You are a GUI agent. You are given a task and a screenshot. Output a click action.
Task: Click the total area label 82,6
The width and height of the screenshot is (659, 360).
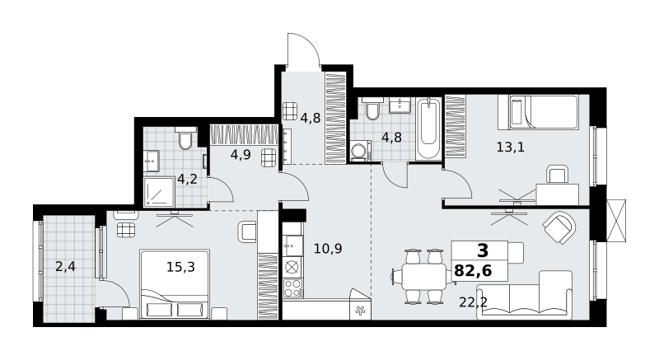pyautogui.click(x=473, y=271)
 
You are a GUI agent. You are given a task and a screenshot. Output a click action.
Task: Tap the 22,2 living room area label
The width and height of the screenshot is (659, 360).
pyautogui.click(x=473, y=302)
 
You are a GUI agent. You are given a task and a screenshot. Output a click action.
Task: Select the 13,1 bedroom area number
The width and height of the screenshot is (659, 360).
pyautogui.click(x=510, y=147)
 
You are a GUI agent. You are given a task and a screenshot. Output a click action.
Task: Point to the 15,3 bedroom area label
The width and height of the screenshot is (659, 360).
pyautogui.click(x=180, y=266)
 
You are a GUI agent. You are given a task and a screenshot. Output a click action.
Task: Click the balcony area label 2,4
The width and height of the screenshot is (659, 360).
pyautogui.click(x=66, y=266)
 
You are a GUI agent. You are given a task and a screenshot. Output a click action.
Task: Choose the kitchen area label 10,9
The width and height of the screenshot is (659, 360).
pyautogui.click(x=328, y=249)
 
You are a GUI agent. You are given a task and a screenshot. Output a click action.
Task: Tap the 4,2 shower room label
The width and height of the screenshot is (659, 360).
pyautogui.click(x=187, y=180)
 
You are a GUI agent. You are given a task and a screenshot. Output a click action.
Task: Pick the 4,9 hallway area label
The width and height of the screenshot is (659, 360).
pyautogui.click(x=241, y=155)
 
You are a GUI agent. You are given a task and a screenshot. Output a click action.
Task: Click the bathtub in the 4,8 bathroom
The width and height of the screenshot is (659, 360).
pyautogui.click(x=428, y=129)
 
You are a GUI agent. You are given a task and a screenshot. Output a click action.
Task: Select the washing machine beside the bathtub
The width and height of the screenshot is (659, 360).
pyautogui.click(x=360, y=152)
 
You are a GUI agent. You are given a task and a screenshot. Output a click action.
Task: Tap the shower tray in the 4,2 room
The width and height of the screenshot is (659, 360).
pyautogui.click(x=159, y=192)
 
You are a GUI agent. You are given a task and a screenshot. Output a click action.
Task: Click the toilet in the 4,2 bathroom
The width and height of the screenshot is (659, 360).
pyautogui.click(x=185, y=138)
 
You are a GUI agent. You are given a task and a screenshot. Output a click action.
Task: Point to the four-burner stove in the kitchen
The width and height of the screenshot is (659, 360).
pyautogui.click(x=292, y=288)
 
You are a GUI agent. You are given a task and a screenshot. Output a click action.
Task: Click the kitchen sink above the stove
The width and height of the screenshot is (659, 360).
pyautogui.click(x=292, y=245)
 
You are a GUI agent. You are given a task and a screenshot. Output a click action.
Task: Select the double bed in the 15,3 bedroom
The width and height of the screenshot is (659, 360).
pyautogui.click(x=175, y=284)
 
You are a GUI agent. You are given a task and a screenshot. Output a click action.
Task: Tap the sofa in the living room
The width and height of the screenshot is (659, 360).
pyautogui.click(x=525, y=296)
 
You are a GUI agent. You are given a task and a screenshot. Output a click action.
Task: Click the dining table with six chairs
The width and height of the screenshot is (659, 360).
pyautogui.click(x=423, y=277)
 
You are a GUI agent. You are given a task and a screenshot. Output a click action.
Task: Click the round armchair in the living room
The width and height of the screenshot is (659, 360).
pyautogui.click(x=559, y=227)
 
